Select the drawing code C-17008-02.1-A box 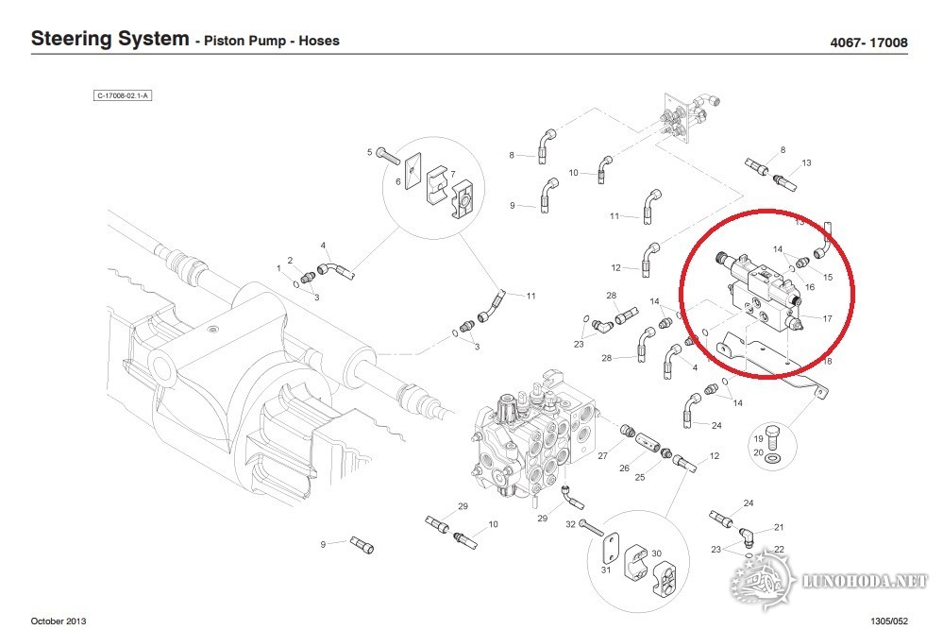pyautogui.click(x=123, y=95)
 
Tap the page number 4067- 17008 pyautogui.click(x=868, y=43)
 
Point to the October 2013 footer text pyautogui.click(x=59, y=620)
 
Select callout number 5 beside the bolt pyautogui.click(x=370, y=151)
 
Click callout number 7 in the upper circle pyautogui.click(x=453, y=174)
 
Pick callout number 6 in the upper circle pyautogui.click(x=398, y=181)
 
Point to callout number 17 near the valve pyautogui.click(x=827, y=318)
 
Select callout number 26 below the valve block pyautogui.click(x=624, y=468)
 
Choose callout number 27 pyautogui.click(x=602, y=456)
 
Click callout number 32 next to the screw pyautogui.click(x=570, y=523)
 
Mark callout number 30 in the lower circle pyautogui.click(x=657, y=553)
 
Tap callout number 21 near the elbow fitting pyautogui.click(x=779, y=527)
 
